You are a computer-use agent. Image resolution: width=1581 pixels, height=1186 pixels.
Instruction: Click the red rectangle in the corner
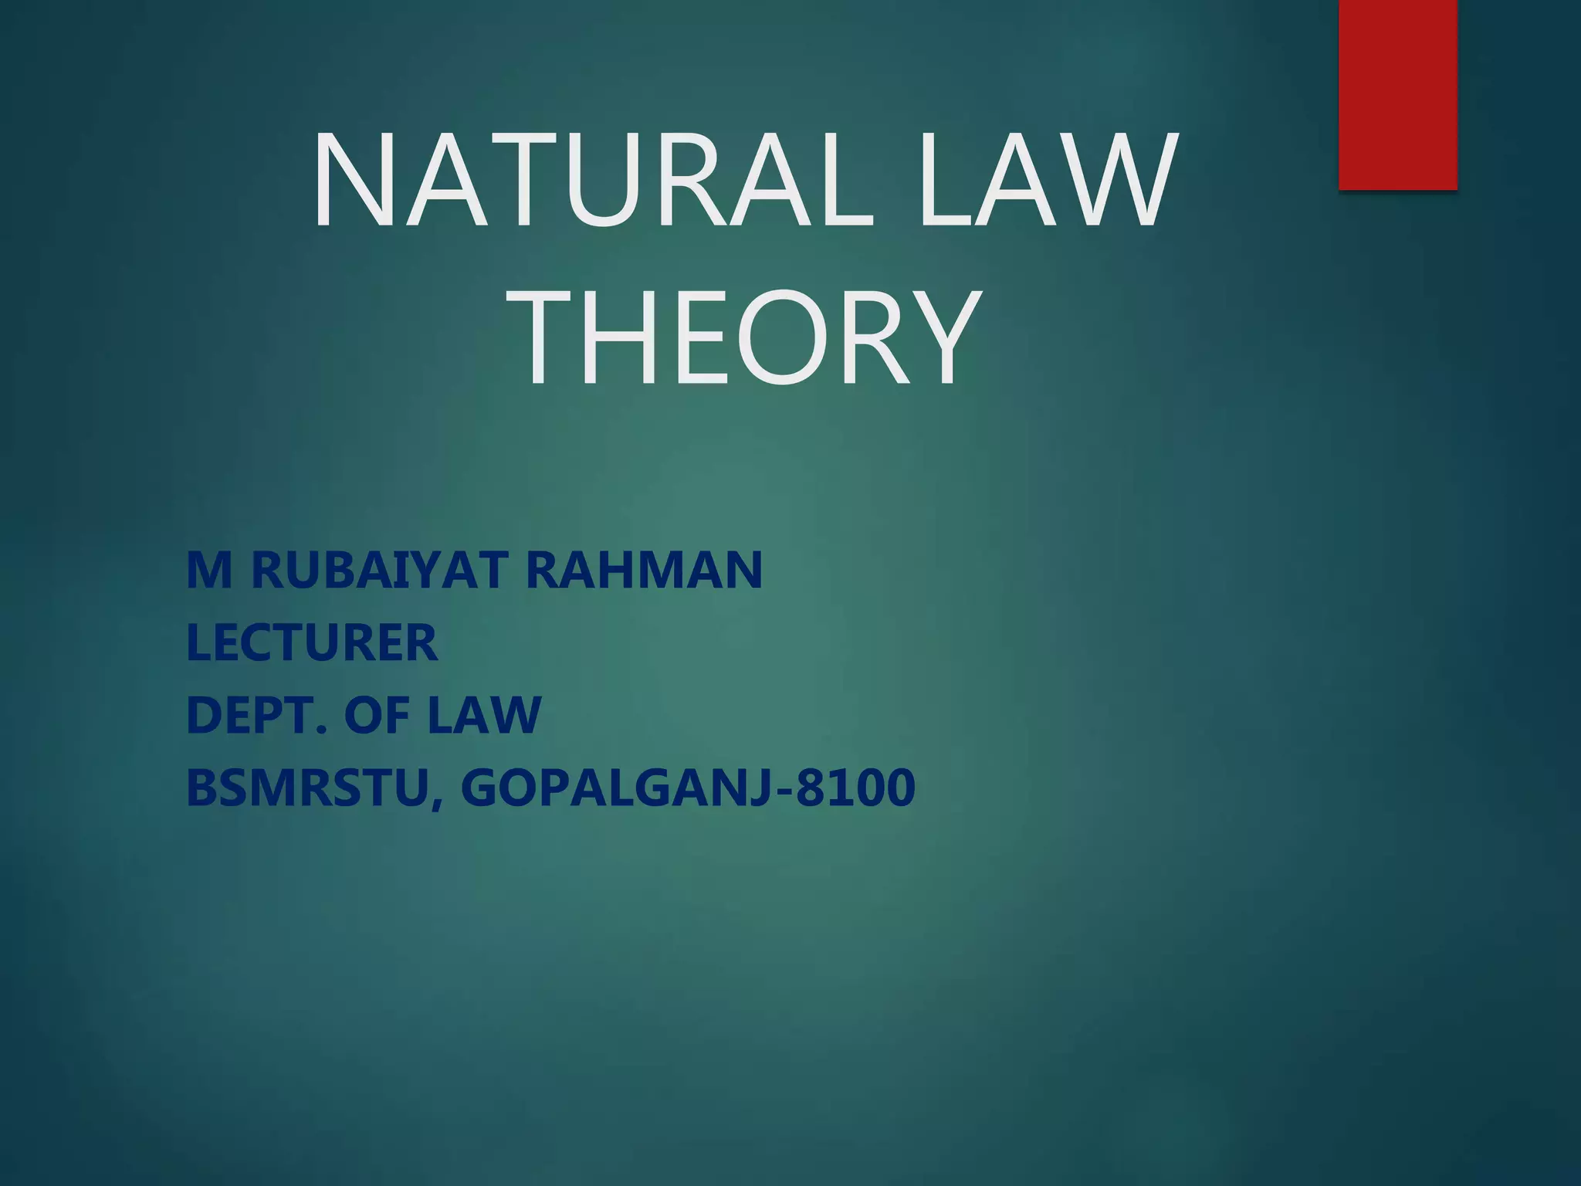(x=1397, y=94)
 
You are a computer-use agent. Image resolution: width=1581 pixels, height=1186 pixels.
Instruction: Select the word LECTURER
(x=312, y=642)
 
